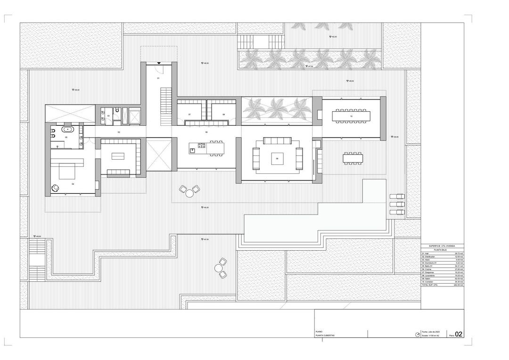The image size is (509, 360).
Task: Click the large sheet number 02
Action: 459,335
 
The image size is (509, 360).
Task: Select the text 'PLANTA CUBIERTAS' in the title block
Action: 325,335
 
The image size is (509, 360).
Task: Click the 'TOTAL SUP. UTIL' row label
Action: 431,285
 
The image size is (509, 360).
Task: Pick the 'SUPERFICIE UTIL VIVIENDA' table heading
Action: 442,246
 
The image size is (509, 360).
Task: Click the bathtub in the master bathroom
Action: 68,129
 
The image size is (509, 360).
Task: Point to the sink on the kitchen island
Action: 192,151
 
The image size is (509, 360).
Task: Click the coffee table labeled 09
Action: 277,159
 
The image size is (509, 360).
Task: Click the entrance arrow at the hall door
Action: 159,62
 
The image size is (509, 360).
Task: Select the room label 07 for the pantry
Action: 189,115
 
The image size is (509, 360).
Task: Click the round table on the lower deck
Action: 219,268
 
